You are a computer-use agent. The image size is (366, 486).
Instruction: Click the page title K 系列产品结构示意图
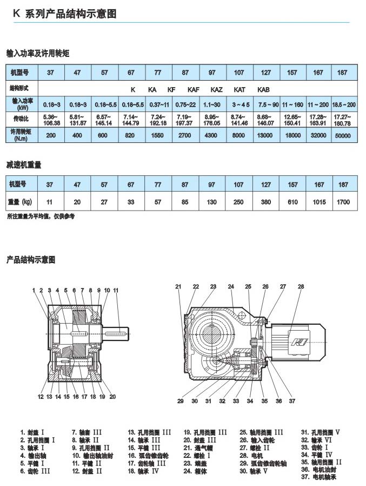[64, 15]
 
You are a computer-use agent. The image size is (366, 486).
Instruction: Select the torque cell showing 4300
[212, 135]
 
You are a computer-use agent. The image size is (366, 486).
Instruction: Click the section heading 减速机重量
[24, 164]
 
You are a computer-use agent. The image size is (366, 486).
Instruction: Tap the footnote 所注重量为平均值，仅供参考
[41, 216]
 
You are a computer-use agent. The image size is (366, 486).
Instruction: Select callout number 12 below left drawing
[41, 397]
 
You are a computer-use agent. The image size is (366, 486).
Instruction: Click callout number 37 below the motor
[292, 401]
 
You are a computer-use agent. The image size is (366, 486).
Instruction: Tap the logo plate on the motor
[298, 342]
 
